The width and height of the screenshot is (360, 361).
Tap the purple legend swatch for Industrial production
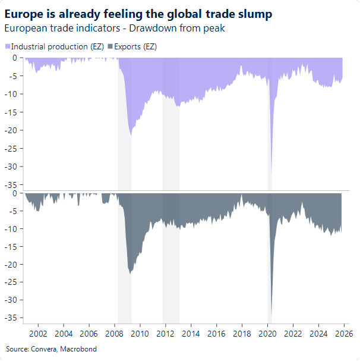[7, 46]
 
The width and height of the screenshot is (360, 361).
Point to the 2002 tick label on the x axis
[38, 334]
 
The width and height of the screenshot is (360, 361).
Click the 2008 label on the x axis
[115, 334]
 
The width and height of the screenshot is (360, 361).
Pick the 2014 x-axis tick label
[191, 334]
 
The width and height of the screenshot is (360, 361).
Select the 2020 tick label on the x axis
[268, 334]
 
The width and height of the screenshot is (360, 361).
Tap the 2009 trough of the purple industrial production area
[131, 134]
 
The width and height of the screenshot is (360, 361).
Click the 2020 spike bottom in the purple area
[270, 172]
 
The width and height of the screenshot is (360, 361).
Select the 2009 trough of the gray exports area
[130, 273]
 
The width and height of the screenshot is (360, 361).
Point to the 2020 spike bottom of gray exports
[271, 319]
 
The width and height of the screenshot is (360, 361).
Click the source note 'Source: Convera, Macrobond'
[51, 349]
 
